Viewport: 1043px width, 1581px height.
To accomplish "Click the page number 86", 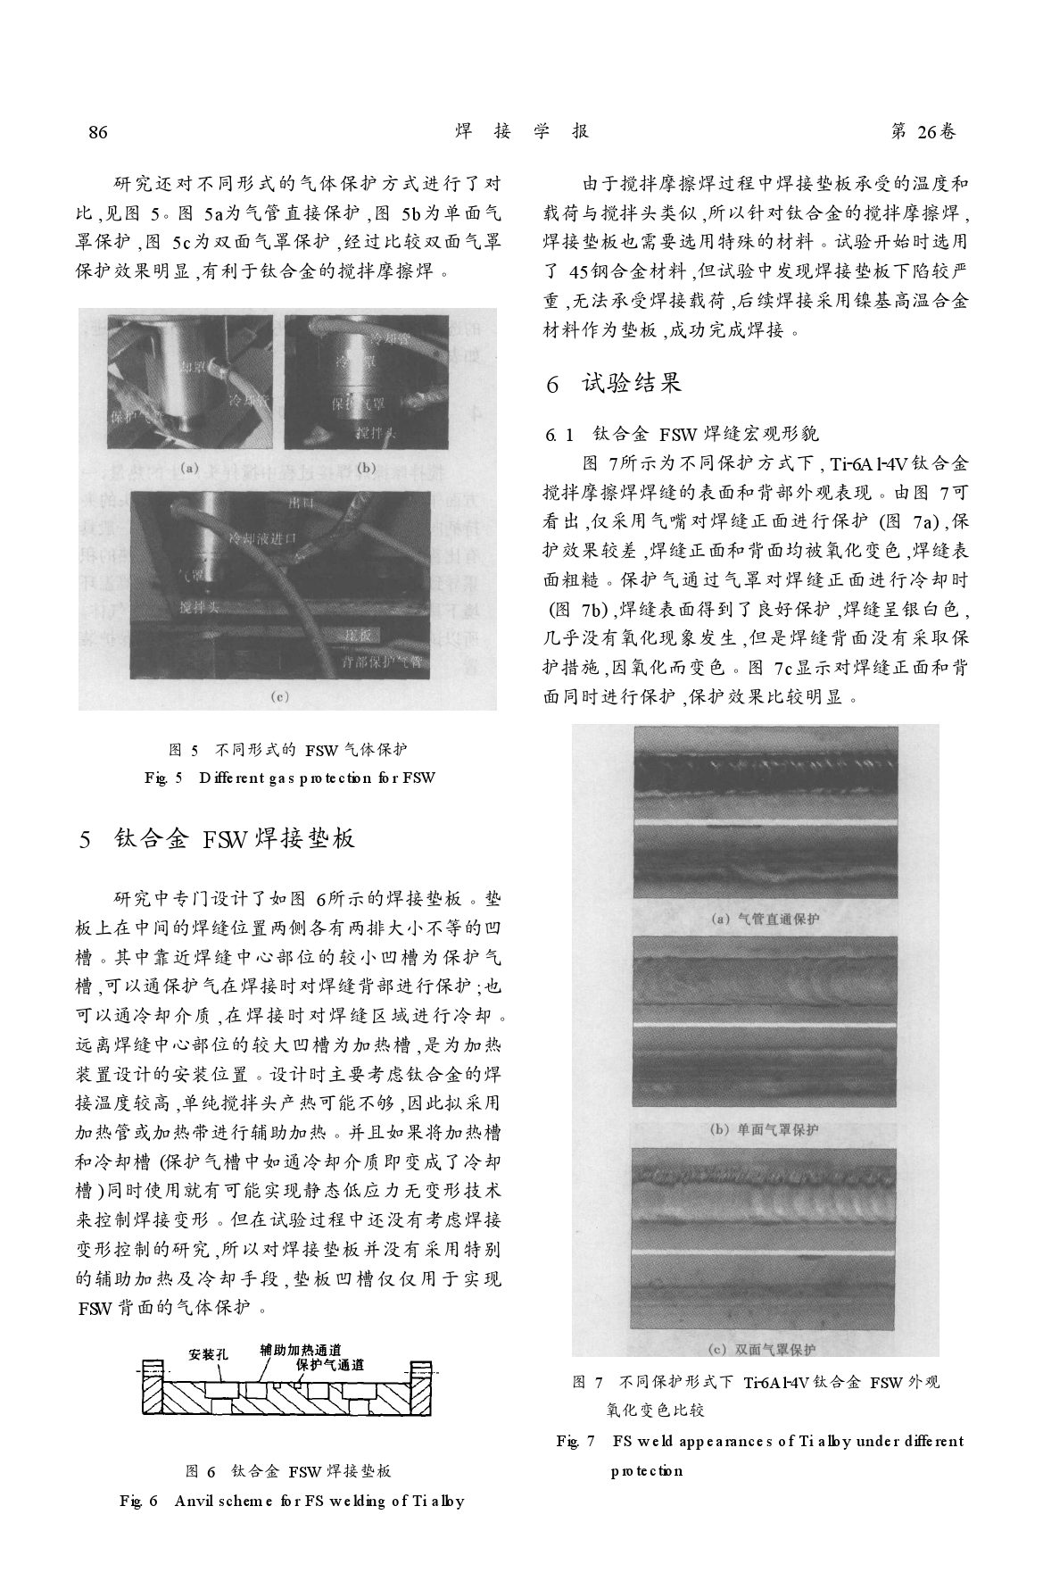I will tap(98, 132).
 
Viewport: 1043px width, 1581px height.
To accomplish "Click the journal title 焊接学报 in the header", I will tap(522, 132).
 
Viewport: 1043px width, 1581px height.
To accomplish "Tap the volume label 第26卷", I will tap(923, 132).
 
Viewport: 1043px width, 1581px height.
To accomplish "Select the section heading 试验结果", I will tap(632, 384).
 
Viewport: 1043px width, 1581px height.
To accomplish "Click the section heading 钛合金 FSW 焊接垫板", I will tap(235, 838).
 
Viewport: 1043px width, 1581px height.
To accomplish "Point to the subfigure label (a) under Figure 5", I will tap(189, 466).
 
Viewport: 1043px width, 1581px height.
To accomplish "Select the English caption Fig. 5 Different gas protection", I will tap(290, 778).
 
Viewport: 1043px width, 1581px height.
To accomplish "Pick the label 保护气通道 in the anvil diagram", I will tap(330, 1365).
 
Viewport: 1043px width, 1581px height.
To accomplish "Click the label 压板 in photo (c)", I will tap(361, 634).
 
